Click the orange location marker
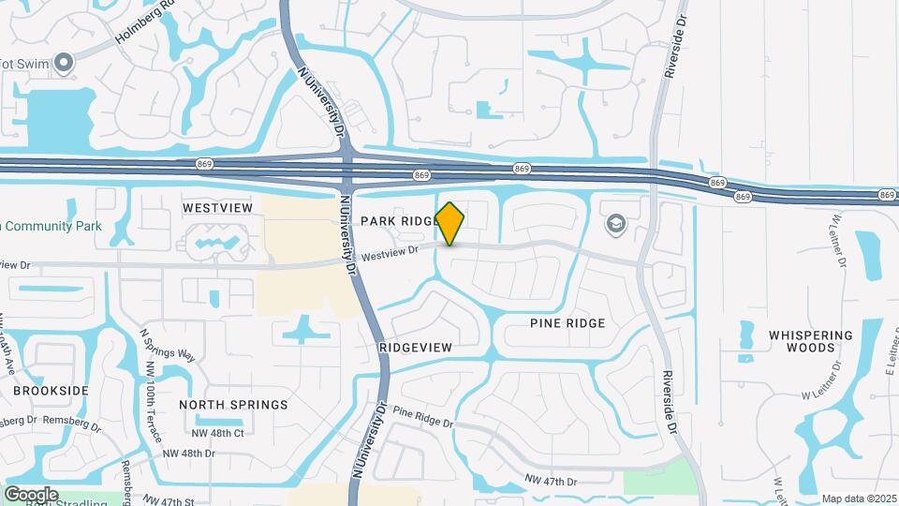pyautogui.click(x=450, y=223)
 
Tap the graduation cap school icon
pyautogui.click(x=615, y=222)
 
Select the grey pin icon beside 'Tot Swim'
pyautogui.click(x=64, y=63)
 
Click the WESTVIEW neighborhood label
pyautogui.click(x=218, y=207)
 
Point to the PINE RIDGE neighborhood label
pyautogui.click(x=567, y=323)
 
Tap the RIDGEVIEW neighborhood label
pyautogui.click(x=417, y=348)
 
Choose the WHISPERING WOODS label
pyautogui.click(x=811, y=341)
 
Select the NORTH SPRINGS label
pyautogui.click(x=234, y=405)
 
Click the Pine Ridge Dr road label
pyautogui.click(x=423, y=416)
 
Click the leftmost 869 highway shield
pyautogui.click(x=205, y=164)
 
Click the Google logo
pyautogui.click(x=31, y=494)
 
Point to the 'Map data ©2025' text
pyautogui.click(x=858, y=499)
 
